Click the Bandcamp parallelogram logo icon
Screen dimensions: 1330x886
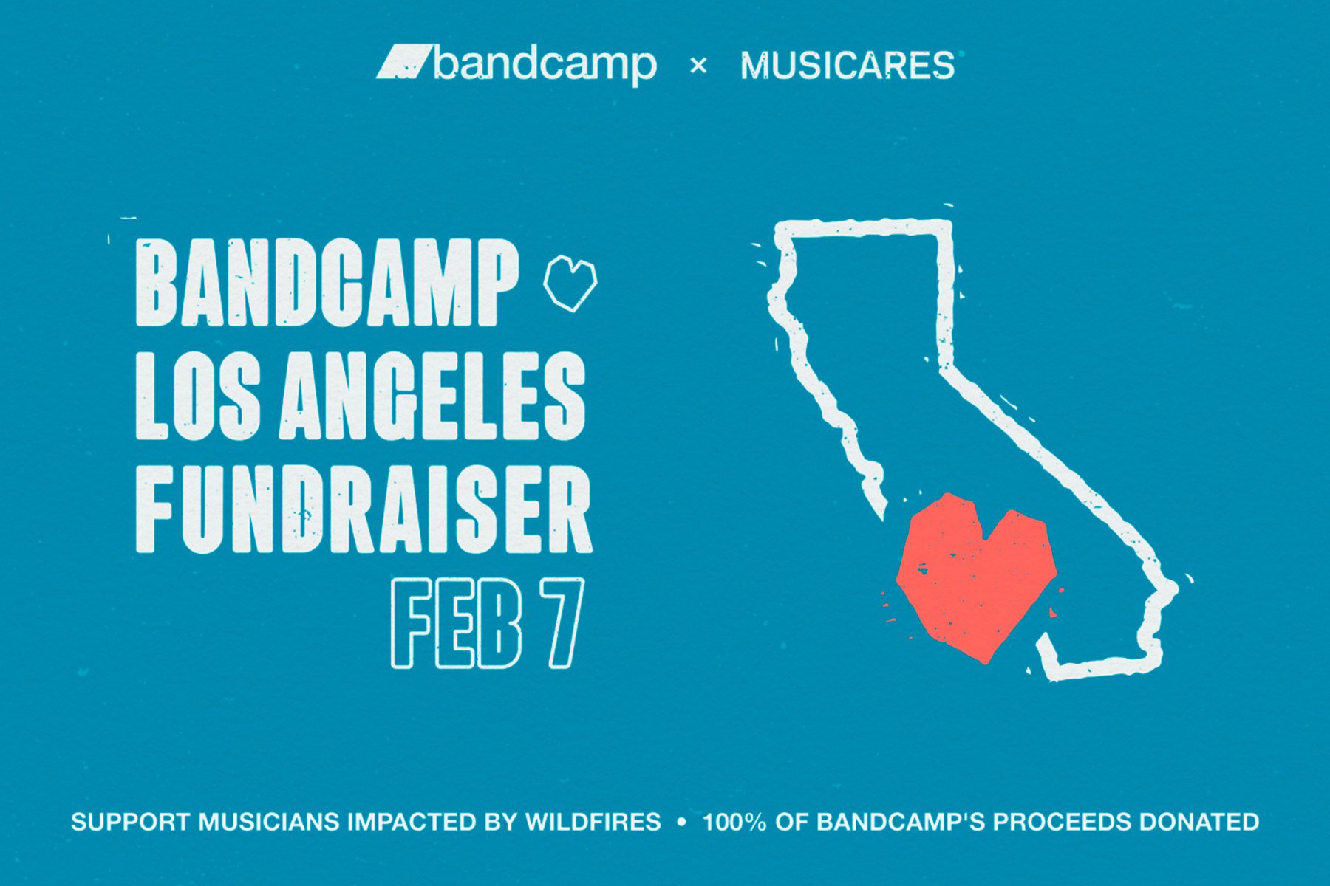tap(403, 62)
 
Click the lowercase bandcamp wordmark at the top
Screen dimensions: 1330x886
tap(545, 65)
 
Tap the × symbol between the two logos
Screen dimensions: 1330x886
tap(698, 66)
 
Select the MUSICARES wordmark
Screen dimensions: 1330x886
tap(848, 66)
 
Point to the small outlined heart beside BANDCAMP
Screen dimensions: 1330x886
tap(570, 282)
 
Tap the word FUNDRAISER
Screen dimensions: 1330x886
tap(364, 509)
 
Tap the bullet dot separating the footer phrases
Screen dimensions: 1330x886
tap(681, 822)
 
